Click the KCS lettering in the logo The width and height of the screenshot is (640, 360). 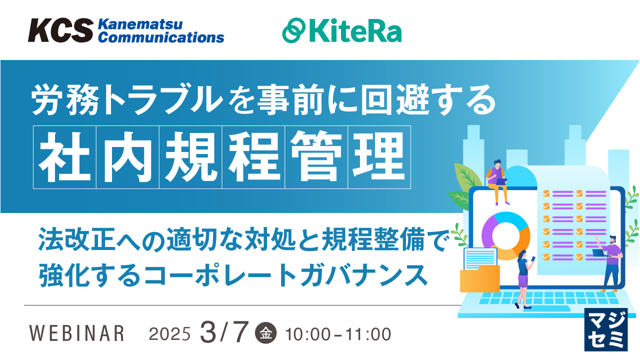point(60,30)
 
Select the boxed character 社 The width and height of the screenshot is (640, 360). point(65,157)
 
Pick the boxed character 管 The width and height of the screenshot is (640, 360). point(316,157)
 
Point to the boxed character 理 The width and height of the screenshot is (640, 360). point(379,157)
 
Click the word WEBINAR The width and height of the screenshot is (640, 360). point(77,333)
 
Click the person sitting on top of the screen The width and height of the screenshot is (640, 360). point(497,180)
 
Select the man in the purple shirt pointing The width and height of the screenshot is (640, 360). point(610,262)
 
